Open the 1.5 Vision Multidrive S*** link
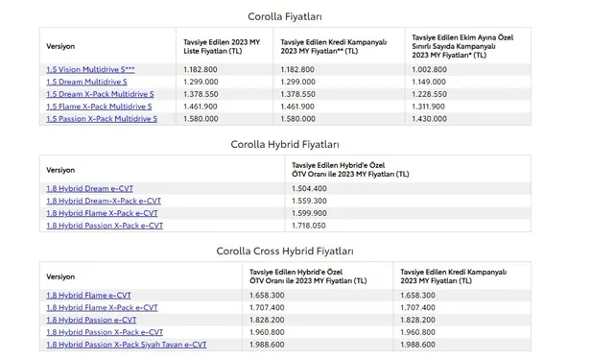coord(90,70)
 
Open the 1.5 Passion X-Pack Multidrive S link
coord(101,118)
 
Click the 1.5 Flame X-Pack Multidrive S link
coord(99,107)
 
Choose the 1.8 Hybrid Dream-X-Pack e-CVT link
coord(103,202)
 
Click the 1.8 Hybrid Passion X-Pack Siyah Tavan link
coord(126,344)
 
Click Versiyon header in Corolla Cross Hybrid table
coord(59,275)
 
